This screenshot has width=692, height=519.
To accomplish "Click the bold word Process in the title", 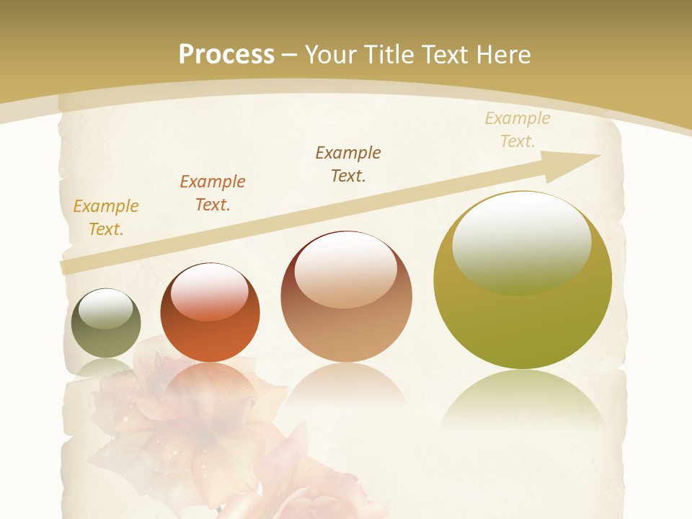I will click(226, 54).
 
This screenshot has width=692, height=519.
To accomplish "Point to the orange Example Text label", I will click(213, 193).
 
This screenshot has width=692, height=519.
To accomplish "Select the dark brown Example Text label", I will click(348, 164).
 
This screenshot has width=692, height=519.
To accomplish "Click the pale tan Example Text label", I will click(518, 130).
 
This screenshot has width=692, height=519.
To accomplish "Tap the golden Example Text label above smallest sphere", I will click(106, 218).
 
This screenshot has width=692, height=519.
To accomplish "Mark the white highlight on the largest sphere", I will click(521, 241).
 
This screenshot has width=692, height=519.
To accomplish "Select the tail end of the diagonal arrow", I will click(68, 267).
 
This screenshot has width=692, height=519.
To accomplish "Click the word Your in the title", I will click(329, 54).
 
